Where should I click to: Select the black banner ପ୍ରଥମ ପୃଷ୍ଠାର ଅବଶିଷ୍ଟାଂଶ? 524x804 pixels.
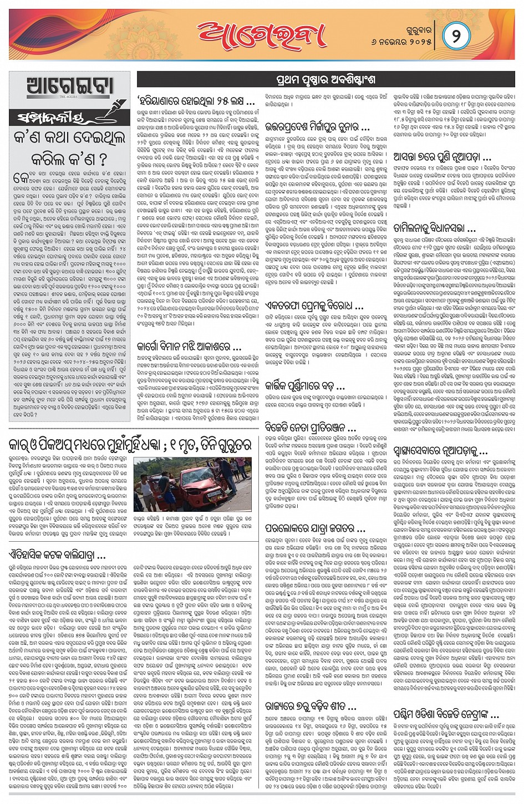[325, 79]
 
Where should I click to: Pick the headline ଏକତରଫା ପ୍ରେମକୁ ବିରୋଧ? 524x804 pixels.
[314, 306]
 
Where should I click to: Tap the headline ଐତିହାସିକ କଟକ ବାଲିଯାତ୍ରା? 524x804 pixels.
[58, 554]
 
